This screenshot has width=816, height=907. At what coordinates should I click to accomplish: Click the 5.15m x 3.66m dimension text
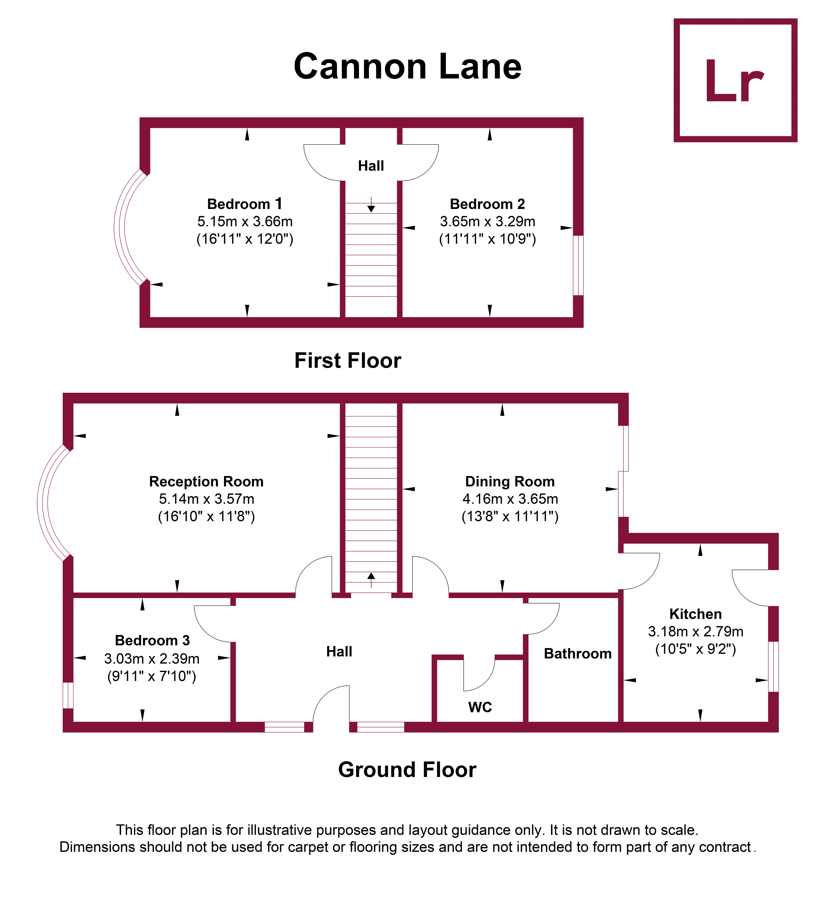pyautogui.click(x=245, y=221)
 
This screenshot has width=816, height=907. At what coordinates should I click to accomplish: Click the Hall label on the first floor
pyautogui.click(x=371, y=166)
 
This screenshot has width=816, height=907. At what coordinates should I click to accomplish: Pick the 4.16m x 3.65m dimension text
pyautogui.click(x=510, y=499)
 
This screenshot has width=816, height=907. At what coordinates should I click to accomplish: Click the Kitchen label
pyautogui.click(x=695, y=614)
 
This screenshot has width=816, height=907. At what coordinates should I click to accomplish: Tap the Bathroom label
pyautogui.click(x=578, y=654)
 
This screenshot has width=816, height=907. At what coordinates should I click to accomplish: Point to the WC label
pyautogui.click(x=480, y=707)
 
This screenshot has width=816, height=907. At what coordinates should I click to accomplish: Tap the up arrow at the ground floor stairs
pyautogui.click(x=371, y=577)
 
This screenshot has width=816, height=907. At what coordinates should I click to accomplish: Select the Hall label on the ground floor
pyautogui.click(x=339, y=651)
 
